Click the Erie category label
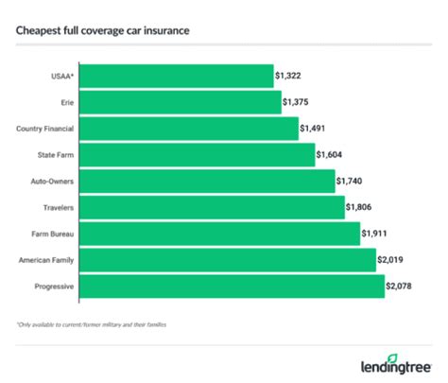[66, 101]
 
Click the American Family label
[49, 259]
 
